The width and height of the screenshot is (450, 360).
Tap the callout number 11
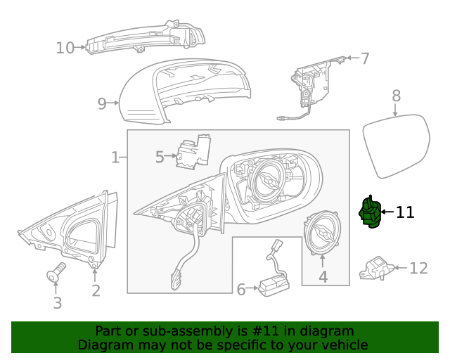click(x=405, y=212)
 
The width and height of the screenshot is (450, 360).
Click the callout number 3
click(x=58, y=303)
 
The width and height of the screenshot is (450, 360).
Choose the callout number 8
click(x=396, y=95)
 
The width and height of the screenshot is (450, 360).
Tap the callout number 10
click(x=65, y=48)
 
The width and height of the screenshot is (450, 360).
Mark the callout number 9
click(x=102, y=104)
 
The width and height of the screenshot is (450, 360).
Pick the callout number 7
click(x=364, y=58)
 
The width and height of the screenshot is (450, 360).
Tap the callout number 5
click(x=159, y=157)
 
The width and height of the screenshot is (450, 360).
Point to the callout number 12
click(x=418, y=268)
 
